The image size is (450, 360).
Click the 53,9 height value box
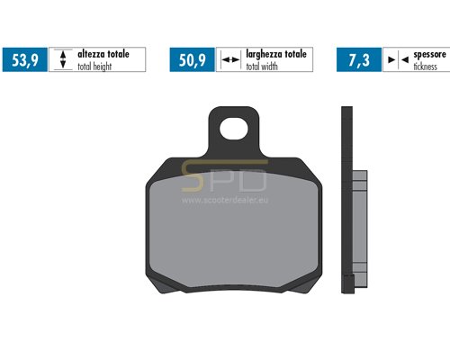point(25,59)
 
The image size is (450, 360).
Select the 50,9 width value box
point(193,59)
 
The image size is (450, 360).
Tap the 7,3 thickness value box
point(359,59)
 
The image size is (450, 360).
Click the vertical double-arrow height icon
point(63,59)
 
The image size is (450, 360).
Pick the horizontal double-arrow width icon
point(230,60)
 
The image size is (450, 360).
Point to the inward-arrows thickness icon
point(398,60)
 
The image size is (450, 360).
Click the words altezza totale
point(103,54)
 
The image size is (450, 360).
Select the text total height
point(94,67)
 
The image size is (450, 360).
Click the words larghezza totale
point(276,54)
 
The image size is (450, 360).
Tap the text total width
point(262,67)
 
